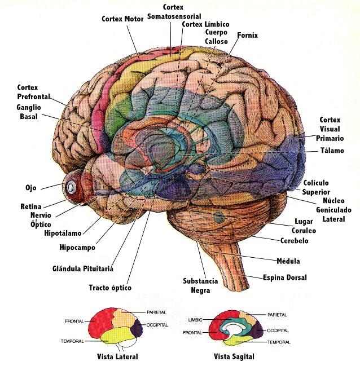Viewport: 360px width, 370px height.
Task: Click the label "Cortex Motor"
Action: click(122, 19)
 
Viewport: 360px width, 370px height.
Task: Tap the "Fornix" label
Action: click(247, 35)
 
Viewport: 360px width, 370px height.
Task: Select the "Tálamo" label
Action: click(332, 150)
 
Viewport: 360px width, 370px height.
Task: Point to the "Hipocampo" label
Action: click(77, 247)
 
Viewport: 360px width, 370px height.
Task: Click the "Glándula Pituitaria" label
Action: click(83, 268)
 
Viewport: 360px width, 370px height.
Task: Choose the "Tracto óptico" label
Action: click(110, 288)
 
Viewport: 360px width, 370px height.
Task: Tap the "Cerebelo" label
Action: click(294, 241)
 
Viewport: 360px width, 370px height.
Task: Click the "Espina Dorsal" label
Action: click(285, 277)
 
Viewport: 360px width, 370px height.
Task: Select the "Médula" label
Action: click(288, 261)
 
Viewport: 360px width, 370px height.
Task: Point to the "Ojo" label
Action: click(31, 188)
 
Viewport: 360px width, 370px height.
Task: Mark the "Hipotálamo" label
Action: click(63, 233)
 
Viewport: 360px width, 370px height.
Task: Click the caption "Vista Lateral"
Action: click(117, 356)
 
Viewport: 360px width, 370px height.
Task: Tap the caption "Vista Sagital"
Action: click(234, 356)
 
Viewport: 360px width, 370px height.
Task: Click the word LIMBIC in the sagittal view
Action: click(195, 320)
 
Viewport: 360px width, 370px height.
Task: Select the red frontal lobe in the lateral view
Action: click(100, 322)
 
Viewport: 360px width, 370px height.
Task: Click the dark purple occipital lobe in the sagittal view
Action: click(257, 330)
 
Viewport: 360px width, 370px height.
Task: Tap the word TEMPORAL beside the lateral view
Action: click(72, 341)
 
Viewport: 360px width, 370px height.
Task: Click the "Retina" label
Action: click(31, 206)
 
